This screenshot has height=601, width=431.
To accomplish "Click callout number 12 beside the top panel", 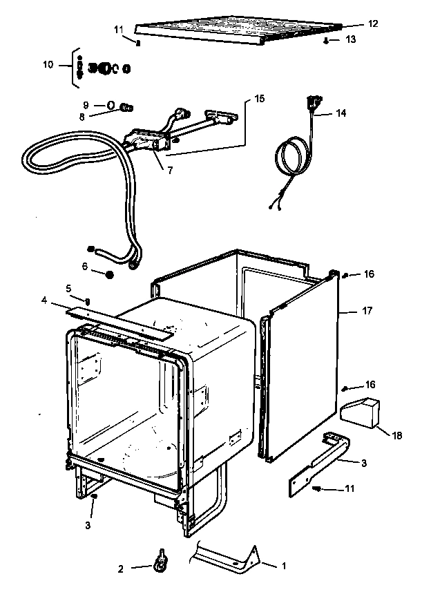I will pos(372,23).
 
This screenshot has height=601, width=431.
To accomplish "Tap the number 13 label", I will pos(351,40).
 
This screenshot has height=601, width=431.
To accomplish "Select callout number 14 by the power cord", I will pos(341,113).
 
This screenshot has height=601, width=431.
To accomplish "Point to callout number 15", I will pos(259,99).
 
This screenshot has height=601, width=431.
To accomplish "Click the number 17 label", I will pos(367,311).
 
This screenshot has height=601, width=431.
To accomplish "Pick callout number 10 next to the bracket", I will pos(48,64).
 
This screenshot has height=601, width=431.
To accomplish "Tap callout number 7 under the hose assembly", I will pos(170,170).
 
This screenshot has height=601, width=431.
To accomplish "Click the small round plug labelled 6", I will pos(109,275).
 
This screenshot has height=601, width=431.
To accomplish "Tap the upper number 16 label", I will pos(370,274).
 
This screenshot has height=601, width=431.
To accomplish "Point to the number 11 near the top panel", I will pos(118,29).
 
